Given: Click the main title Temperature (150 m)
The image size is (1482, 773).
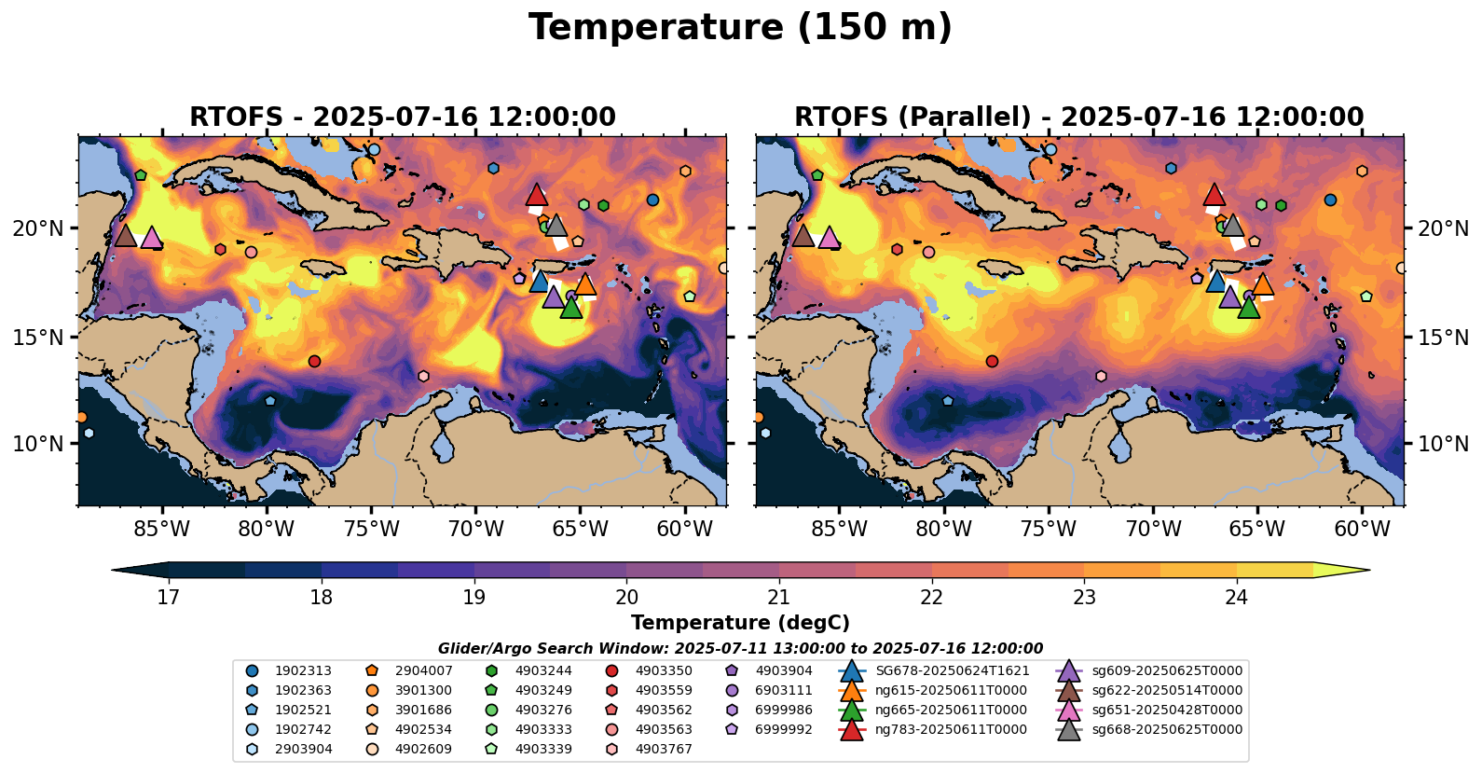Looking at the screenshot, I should click(740, 28).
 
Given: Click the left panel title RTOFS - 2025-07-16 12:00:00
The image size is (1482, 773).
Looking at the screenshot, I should click(402, 117).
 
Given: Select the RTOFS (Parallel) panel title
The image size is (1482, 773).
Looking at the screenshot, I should click(1078, 117).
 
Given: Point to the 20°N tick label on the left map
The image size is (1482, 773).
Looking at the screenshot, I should click(38, 228).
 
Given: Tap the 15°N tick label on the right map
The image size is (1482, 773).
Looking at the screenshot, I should click(1443, 338).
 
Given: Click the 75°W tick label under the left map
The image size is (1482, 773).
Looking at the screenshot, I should click(371, 530).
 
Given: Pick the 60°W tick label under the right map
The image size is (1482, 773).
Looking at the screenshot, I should click(1362, 530).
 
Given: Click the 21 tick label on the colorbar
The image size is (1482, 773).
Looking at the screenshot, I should click(778, 598).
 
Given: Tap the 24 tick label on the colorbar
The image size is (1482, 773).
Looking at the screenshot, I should click(1236, 598).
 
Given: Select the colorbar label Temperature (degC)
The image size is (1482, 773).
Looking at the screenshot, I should click(740, 623).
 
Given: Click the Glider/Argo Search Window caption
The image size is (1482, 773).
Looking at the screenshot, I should click(740, 649).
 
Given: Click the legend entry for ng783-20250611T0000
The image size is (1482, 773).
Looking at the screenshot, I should click(951, 730).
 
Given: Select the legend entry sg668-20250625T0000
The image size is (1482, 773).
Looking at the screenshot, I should click(1167, 730).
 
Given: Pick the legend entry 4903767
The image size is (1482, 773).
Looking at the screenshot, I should click(664, 749).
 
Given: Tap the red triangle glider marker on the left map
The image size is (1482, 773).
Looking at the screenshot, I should click(536, 195).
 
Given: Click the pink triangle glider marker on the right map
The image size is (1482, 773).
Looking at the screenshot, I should click(829, 238).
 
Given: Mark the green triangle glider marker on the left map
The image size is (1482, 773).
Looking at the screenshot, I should click(571, 308).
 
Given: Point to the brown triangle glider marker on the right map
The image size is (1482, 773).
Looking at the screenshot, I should click(803, 236).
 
